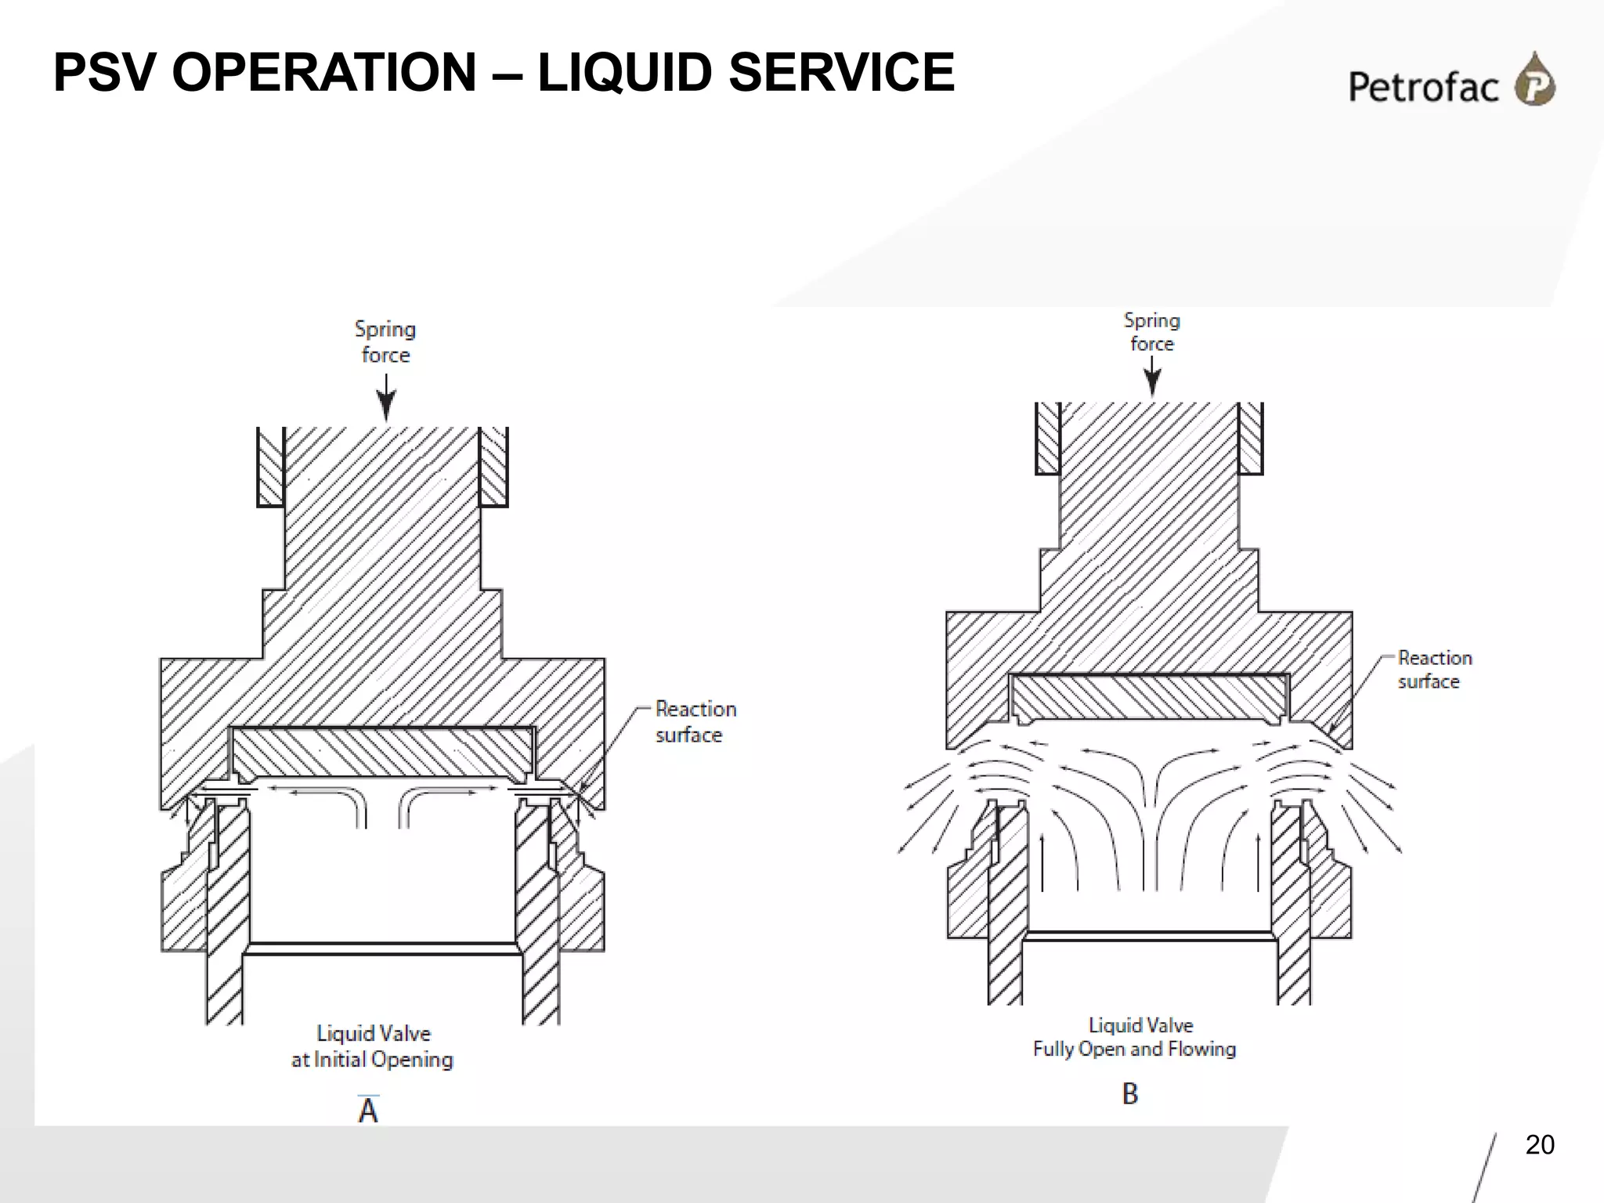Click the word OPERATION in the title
tap(323, 72)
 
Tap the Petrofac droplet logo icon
tap(1534, 80)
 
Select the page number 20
tap(1539, 1145)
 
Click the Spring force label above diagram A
tap(385, 341)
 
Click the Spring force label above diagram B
tap(1152, 332)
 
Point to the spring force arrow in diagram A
tap(386, 399)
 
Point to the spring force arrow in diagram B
tap(1152, 378)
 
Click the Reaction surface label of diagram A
tap(695, 721)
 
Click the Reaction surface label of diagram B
tap(1434, 670)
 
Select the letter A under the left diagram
tap(368, 1110)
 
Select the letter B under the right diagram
tap(1129, 1093)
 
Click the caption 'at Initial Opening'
tap(372, 1060)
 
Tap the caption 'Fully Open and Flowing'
tap(1134, 1049)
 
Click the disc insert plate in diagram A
tap(384, 752)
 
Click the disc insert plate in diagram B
tap(1149, 697)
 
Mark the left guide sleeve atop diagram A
tap(271, 467)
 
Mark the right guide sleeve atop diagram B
tap(1251, 438)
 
